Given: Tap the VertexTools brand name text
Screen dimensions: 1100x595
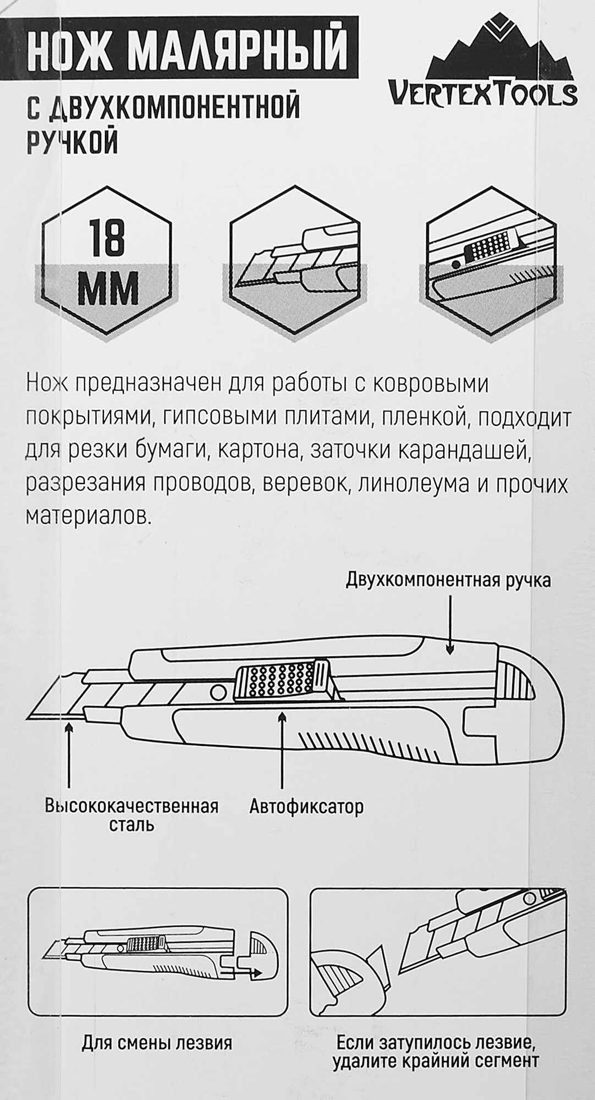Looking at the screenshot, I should click(x=483, y=93).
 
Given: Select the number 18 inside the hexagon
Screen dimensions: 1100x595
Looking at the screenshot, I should click(x=107, y=238).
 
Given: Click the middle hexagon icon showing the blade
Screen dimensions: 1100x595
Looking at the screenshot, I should click(x=295, y=259).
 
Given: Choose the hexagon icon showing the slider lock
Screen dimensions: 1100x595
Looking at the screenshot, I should click(x=491, y=259).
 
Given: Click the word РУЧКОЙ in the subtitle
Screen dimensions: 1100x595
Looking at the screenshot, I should click(x=73, y=142).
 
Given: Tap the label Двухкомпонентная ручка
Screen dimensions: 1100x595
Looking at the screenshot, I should click(x=448, y=580).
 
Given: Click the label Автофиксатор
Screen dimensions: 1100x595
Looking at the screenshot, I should click(x=306, y=807).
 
